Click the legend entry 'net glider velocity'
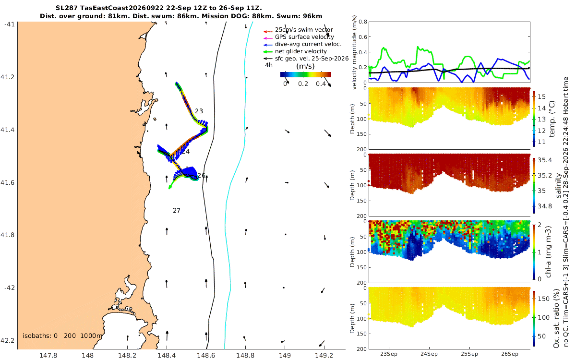click(x=300, y=51)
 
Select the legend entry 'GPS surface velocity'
click(x=304, y=37)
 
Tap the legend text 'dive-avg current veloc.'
click(x=308, y=44)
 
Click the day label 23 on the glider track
click(x=199, y=111)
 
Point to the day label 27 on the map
click(x=177, y=211)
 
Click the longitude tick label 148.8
click(x=245, y=356)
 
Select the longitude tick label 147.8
click(x=48, y=356)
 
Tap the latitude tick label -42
click(x=9, y=288)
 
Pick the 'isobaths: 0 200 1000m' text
click(x=62, y=336)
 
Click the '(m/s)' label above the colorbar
click(x=305, y=66)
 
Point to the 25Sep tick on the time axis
click(x=469, y=354)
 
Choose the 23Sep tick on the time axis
click(x=388, y=354)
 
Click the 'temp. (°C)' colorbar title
click(x=552, y=119)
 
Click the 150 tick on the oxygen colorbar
click(x=543, y=299)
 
